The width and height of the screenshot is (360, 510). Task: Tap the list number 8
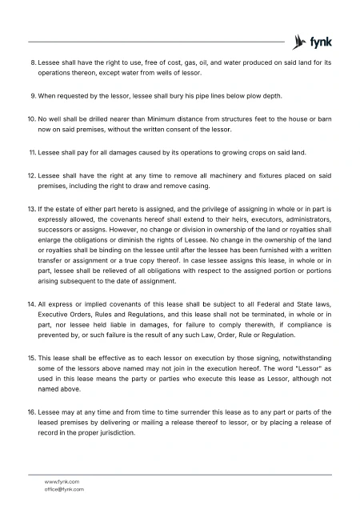[x=33, y=62]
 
